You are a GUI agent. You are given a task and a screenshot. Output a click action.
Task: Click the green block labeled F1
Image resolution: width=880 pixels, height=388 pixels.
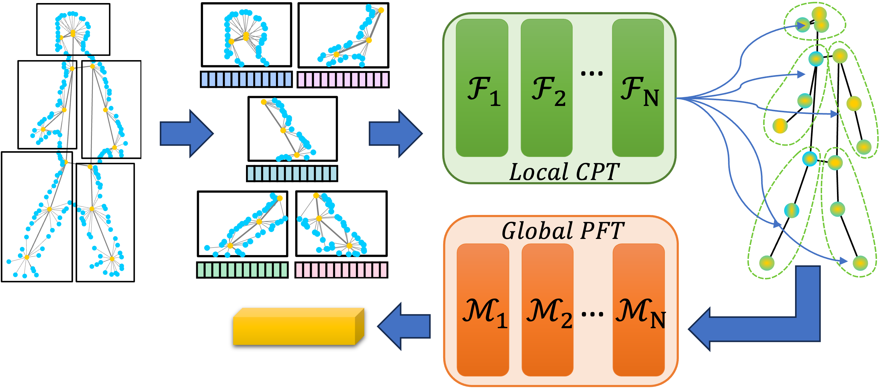(x=482, y=88)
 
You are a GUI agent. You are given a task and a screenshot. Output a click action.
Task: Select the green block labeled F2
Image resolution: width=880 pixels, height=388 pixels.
(x=546, y=88)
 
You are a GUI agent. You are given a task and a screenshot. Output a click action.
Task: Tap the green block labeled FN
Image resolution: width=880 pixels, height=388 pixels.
(x=638, y=88)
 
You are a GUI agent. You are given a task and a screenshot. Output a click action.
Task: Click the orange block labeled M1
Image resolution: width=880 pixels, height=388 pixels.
(x=483, y=310)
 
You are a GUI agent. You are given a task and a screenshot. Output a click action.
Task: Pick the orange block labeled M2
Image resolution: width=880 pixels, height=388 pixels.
(x=547, y=310)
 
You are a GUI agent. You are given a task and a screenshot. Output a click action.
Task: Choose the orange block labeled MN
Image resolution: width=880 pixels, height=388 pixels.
(x=639, y=310)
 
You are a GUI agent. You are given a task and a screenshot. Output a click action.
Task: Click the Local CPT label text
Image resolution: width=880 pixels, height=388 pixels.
(x=564, y=172)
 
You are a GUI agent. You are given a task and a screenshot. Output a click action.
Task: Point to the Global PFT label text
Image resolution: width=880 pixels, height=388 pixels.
(x=563, y=231)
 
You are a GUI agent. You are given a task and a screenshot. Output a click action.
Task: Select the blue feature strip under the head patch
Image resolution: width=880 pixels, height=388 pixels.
(x=246, y=79)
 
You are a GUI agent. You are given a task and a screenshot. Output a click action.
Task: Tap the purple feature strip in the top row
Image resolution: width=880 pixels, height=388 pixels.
(x=343, y=80)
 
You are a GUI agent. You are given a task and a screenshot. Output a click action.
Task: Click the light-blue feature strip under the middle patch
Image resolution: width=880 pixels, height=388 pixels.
(x=292, y=174)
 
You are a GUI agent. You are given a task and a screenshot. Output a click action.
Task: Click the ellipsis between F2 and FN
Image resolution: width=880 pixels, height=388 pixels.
(x=592, y=73)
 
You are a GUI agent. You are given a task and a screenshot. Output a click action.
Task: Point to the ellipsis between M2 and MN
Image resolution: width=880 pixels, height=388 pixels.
(x=592, y=314)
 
